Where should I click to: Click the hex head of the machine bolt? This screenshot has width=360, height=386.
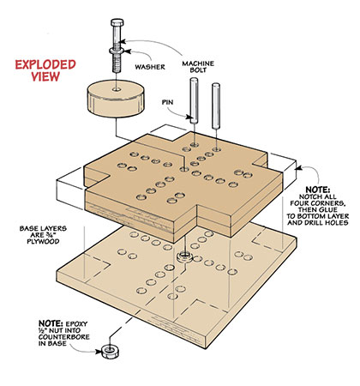pos(117,22)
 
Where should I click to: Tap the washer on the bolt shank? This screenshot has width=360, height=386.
pos(117,51)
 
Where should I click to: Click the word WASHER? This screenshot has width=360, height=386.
pos(150,67)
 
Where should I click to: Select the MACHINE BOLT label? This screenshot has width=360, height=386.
pos(198,66)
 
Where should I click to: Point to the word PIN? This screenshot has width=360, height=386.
pos(168,102)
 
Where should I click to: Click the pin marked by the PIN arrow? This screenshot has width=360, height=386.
pos(194,100)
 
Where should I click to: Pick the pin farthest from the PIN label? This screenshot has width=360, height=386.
pos(216,106)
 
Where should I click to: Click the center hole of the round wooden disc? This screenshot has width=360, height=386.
pos(117,89)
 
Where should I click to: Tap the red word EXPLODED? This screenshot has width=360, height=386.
pos(45,64)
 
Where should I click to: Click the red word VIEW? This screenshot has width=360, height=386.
pos(45,76)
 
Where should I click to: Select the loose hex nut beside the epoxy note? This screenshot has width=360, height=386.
pos(111,352)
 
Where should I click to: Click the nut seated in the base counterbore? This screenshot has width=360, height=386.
pos(184,256)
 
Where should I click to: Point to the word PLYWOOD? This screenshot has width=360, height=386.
pos(43,241)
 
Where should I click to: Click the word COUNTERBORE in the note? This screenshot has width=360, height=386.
pos(64,337)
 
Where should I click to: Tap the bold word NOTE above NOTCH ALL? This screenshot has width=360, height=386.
pos(318,190)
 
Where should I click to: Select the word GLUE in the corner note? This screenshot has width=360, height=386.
pos(328,209)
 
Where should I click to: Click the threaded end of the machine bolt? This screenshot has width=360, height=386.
pos(117,63)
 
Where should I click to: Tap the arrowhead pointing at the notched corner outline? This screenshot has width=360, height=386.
pos(298,167)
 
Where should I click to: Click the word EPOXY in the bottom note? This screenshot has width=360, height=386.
pos(76,324)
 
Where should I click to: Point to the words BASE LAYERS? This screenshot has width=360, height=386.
pos(43,228)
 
